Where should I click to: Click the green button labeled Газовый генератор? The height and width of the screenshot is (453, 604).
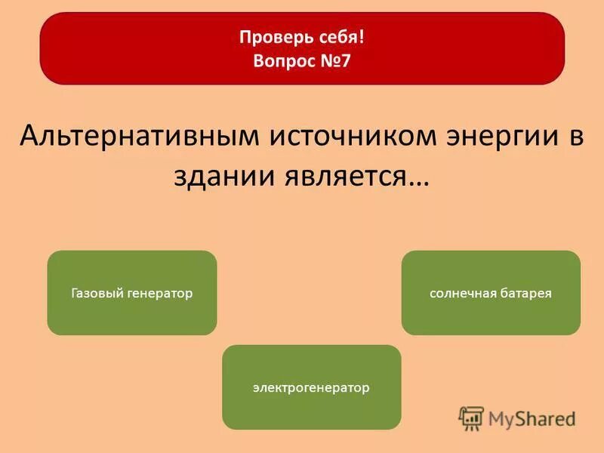132,293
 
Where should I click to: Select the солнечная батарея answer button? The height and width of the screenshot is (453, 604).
491,293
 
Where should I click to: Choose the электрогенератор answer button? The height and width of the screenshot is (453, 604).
311,387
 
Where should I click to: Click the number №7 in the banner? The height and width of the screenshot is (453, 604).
336,60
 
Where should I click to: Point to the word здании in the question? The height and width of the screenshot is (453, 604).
223,175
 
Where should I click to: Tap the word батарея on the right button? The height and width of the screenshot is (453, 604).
525,293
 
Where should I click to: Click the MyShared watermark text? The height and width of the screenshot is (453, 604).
532,418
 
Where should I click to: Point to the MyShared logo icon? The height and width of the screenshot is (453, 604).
471,418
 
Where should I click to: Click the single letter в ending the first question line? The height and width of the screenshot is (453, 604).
575,137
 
